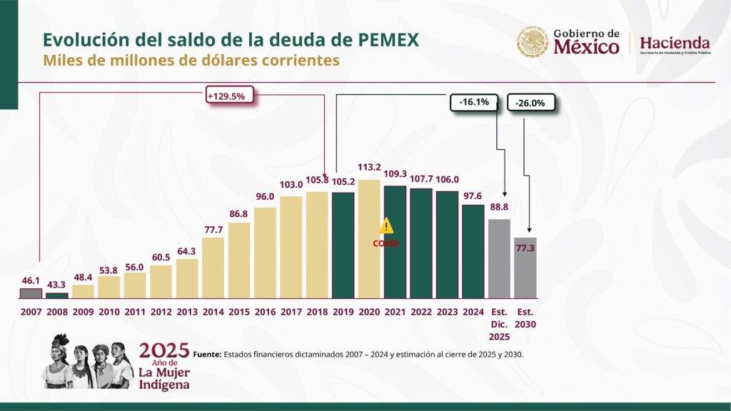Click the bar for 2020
point(369,239)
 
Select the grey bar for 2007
point(31,293)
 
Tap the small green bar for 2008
point(57,295)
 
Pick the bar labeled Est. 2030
point(525,268)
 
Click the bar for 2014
point(213,268)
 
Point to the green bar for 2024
point(473,251)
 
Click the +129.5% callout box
point(229,96)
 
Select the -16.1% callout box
point(474,102)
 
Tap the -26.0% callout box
point(531,103)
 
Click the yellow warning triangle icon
point(386,226)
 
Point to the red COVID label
point(385,243)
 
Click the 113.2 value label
point(370,168)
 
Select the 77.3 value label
point(525,248)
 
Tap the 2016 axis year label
point(265,312)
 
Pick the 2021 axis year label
point(395,312)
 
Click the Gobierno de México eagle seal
point(533,43)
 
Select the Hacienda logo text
point(675,42)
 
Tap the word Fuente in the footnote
point(206,353)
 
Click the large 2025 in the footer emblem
point(164,350)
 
